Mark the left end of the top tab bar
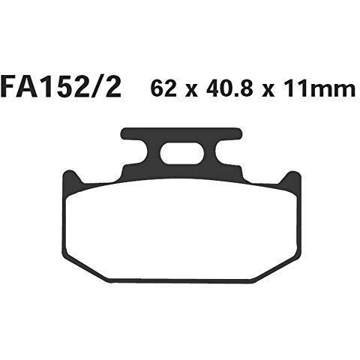click(125, 134)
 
